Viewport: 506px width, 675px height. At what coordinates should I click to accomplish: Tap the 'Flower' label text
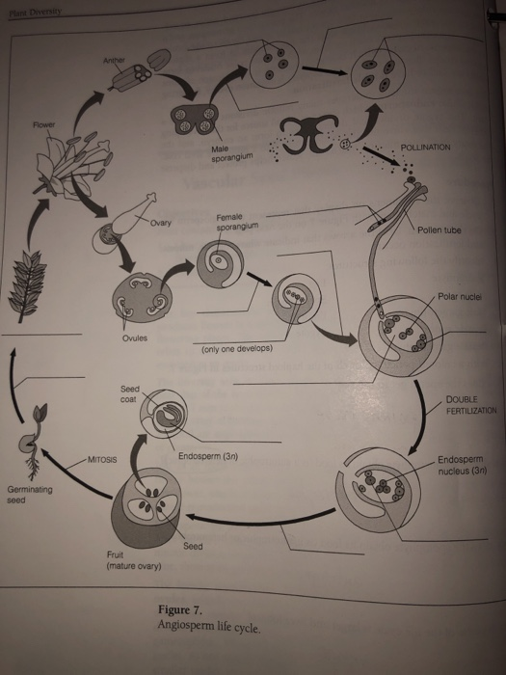pos(43,125)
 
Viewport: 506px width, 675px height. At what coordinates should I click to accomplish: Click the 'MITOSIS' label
pos(100,460)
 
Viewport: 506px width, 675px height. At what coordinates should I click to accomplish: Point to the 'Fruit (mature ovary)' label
pos(133,561)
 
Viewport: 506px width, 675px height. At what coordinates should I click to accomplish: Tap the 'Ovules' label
pos(135,338)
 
